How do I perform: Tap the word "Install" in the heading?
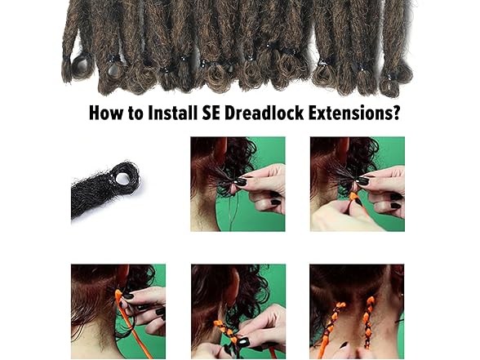(173, 113)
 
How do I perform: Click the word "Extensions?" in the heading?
(358, 113)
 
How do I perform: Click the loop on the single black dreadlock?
(124, 175)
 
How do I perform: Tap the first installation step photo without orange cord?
(238, 184)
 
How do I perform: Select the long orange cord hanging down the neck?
(127, 322)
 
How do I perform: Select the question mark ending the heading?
(396, 113)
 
